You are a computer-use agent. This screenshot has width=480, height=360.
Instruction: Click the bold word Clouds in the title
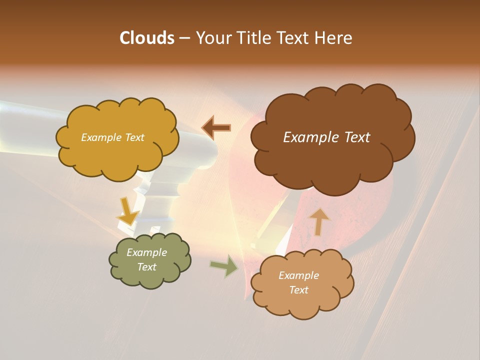146,38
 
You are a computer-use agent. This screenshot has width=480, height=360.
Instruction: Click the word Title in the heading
253,38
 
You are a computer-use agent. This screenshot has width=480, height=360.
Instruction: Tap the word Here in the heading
333,38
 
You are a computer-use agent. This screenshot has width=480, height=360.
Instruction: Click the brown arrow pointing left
216,128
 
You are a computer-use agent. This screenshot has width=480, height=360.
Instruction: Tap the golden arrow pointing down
127,210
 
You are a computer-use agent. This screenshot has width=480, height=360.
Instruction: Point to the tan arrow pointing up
319,221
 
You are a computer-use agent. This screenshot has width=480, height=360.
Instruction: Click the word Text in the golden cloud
134,137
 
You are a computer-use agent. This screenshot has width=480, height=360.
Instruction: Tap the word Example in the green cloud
147,252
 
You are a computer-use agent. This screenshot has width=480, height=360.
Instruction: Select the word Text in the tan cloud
299,290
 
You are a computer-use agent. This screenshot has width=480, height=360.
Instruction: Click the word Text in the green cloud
147,267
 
